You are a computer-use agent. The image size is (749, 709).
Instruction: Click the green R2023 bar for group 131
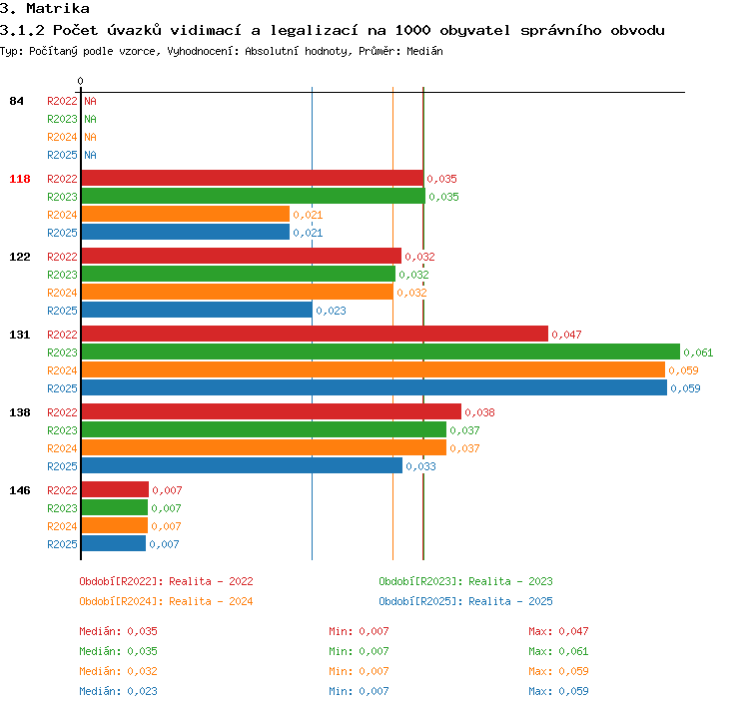[380, 352]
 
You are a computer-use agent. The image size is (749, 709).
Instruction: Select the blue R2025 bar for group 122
[197, 310]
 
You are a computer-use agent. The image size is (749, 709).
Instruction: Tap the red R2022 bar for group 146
[115, 489]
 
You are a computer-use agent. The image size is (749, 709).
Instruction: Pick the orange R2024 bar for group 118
[186, 214]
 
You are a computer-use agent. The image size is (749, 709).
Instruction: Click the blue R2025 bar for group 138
[242, 465]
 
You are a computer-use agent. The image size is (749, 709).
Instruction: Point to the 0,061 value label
[698, 353]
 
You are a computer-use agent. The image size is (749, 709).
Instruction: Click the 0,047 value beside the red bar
[566, 335]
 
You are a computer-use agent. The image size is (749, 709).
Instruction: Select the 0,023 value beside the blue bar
[331, 311]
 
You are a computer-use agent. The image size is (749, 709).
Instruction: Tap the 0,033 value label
[420, 466]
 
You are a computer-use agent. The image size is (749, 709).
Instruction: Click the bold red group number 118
[20, 179]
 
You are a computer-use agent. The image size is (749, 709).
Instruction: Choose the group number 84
[16, 101]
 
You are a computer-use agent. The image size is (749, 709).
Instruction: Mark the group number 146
[20, 490]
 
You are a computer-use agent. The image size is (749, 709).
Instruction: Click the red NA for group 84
[90, 101]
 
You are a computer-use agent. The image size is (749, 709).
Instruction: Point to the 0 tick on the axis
[80, 81]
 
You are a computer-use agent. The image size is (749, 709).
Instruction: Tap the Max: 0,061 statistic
[558, 651]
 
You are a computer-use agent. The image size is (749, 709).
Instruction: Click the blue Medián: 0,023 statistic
[118, 691]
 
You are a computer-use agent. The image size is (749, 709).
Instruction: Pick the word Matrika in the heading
[58, 8]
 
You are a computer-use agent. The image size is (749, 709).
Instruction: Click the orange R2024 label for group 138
[62, 448]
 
